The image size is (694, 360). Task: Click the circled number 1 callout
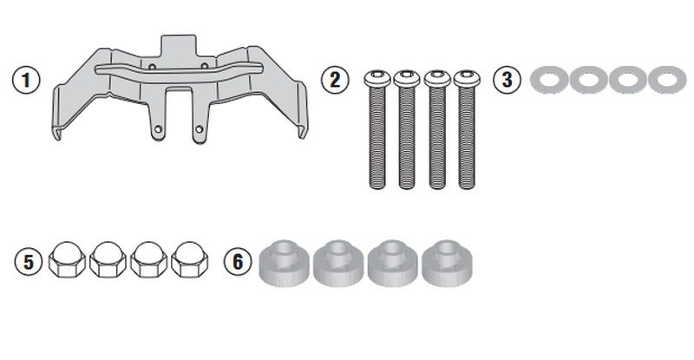tap(26, 80)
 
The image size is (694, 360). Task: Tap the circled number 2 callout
tap(335, 80)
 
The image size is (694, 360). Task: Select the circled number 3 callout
tap(507, 79)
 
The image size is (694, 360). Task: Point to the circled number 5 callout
tap(29, 262)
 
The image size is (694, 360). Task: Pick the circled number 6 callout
tap(238, 261)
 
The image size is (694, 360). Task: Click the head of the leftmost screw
tap(377, 78)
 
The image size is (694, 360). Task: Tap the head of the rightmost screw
tap(467, 78)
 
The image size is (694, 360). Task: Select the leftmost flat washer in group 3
tap(549, 80)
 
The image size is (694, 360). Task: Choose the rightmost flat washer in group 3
tap(667, 80)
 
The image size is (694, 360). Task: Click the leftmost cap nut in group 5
tap(67, 260)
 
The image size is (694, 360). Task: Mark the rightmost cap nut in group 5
tap(189, 260)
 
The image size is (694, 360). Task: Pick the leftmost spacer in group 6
tap(285, 264)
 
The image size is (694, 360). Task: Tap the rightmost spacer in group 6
tap(447, 264)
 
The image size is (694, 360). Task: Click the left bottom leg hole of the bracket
tap(158, 129)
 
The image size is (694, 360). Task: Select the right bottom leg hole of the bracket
tap(200, 129)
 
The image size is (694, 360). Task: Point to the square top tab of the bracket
tap(179, 45)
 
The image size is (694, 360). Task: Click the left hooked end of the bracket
tap(57, 133)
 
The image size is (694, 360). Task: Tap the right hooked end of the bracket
tap(302, 131)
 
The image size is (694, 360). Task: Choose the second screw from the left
tap(407, 129)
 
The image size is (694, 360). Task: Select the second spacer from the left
tap(338, 264)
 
